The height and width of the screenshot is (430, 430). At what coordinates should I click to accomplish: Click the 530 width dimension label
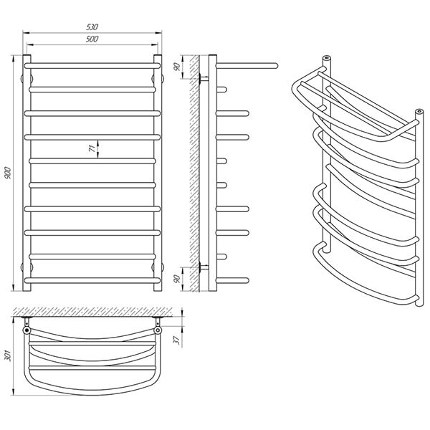(92, 27)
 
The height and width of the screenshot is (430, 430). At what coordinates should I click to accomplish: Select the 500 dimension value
(92, 39)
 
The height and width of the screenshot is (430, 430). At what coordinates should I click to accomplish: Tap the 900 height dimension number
(7, 173)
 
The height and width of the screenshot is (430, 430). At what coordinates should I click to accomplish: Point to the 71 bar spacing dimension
(92, 148)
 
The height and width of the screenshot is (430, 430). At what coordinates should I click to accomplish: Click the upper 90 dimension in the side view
(177, 67)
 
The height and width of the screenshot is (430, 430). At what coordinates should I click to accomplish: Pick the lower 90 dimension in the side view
(177, 279)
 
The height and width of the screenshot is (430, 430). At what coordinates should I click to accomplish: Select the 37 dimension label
(177, 340)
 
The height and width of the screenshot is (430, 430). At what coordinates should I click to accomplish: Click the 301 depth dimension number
(9, 356)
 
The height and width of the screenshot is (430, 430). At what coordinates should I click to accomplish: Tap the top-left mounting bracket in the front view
(27, 79)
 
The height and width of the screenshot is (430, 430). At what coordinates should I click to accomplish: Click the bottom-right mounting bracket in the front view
(158, 267)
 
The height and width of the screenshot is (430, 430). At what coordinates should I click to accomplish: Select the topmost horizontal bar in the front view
(92, 66)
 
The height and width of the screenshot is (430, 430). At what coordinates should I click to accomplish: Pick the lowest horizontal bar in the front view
(92, 280)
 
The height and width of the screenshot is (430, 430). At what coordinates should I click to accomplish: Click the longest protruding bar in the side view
(247, 66)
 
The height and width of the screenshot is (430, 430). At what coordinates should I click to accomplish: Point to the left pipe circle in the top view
(27, 330)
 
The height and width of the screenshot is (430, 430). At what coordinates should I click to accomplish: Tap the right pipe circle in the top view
(158, 330)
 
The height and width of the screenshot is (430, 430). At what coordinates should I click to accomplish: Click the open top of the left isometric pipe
(326, 58)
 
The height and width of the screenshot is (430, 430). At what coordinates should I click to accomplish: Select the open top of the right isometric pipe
(419, 111)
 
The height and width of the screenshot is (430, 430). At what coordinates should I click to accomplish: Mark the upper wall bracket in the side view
(204, 79)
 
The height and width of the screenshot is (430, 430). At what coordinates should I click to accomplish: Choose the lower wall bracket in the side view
(204, 267)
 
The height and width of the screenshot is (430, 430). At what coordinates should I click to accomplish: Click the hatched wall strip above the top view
(92, 312)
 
